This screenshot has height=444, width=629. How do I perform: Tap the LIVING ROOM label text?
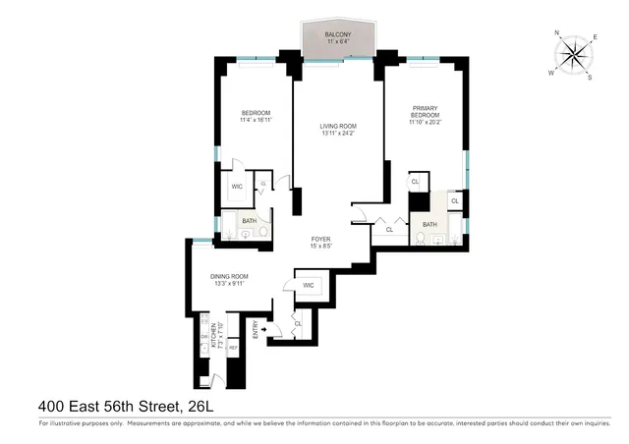pyautogui.click(x=337, y=126)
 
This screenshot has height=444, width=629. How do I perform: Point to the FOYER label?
pyautogui.click(x=320, y=239)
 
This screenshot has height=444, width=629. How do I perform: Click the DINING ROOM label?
pyautogui.click(x=228, y=276)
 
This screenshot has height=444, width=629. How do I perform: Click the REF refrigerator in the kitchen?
pyautogui.click(x=234, y=348)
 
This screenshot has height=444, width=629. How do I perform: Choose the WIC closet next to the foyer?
pyautogui.click(x=308, y=286)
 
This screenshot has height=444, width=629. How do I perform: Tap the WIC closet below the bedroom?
pyautogui.click(x=237, y=186)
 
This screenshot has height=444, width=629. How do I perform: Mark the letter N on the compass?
pyautogui.click(x=558, y=33)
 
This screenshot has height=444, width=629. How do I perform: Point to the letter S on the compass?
pyautogui.click(x=589, y=78)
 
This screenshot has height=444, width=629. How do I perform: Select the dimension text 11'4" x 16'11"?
pyautogui.click(x=256, y=122)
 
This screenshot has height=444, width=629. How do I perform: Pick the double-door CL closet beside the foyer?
pyautogui.click(x=390, y=230)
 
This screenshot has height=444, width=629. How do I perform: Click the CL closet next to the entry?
pyautogui.click(x=297, y=323)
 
